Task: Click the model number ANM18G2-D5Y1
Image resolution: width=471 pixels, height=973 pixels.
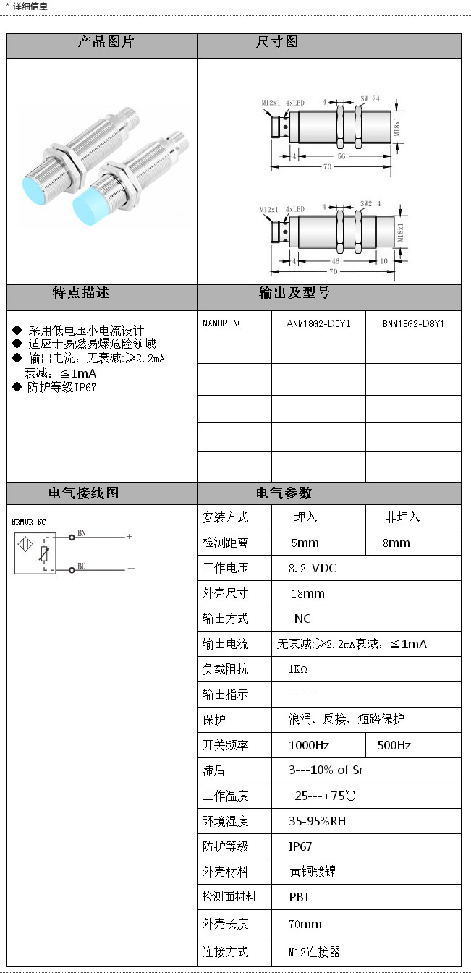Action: click(318, 323)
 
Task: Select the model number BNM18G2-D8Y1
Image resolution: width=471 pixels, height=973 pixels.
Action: click(413, 323)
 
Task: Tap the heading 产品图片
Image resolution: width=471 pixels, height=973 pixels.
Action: click(106, 42)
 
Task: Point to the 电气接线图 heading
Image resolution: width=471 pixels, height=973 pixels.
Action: click(84, 493)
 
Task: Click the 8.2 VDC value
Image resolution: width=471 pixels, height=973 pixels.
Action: click(313, 568)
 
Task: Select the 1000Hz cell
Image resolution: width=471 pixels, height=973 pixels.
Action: click(309, 745)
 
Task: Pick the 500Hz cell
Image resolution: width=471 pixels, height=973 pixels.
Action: click(394, 745)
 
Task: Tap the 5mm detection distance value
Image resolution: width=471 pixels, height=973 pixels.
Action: click(305, 543)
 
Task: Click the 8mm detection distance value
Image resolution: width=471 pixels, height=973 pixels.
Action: click(396, 543)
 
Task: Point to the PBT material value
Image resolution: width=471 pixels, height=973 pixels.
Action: click(300, 897)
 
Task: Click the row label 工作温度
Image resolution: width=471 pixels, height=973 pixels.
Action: click(226, 796)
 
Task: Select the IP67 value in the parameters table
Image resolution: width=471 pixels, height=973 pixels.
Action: click(300, 846)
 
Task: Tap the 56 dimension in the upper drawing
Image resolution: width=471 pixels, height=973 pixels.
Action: click(341, 156)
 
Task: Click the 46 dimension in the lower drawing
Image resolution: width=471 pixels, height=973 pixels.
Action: click(336, 260)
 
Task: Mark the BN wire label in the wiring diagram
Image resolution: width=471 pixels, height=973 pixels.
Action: click(82, 533)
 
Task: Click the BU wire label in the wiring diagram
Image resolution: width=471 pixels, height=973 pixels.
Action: click(82, 566)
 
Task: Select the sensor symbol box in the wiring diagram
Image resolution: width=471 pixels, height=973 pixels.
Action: click(30, 553)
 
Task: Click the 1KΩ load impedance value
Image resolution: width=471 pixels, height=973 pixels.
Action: click(298, 669)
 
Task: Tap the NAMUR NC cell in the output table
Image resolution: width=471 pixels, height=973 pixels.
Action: click(223, 323)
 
